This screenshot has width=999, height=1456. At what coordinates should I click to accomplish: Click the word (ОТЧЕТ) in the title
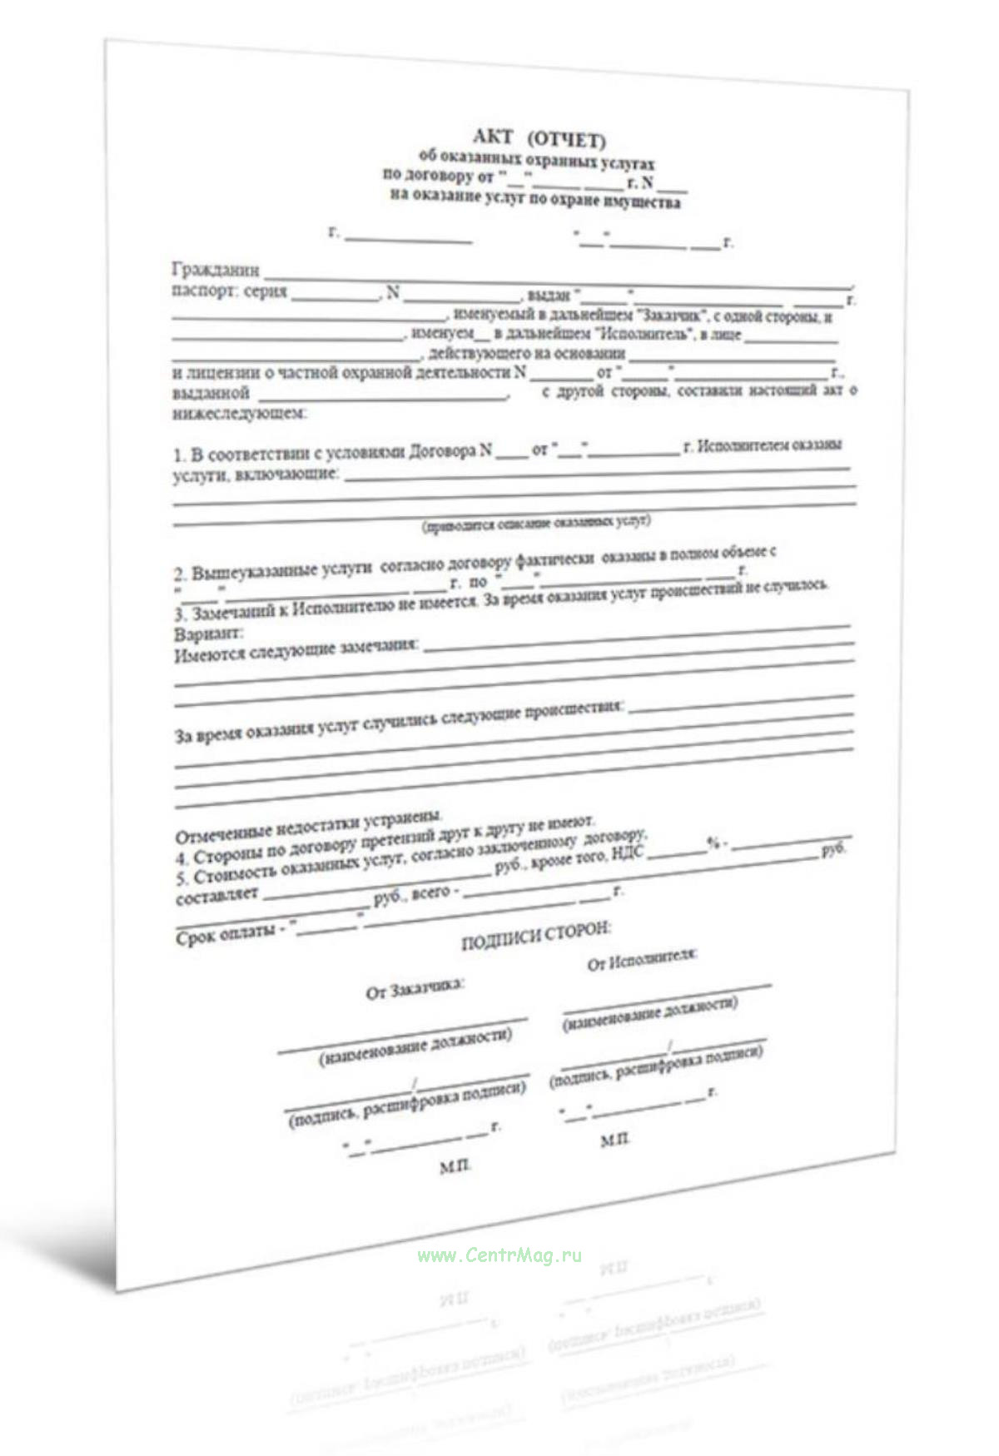(567, 139)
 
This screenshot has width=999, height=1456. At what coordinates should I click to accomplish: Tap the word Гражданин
(216, 270)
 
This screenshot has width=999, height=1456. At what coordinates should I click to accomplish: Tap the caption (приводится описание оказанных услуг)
(536, 524)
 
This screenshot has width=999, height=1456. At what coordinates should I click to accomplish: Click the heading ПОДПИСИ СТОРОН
(535, 937)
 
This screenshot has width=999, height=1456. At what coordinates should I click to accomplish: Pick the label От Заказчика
(415, 988)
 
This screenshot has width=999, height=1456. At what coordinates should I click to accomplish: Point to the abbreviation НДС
(628, 855)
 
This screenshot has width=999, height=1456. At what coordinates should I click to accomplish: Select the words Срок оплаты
(226, 936)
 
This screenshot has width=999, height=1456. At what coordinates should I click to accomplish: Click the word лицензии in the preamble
(227, 373)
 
